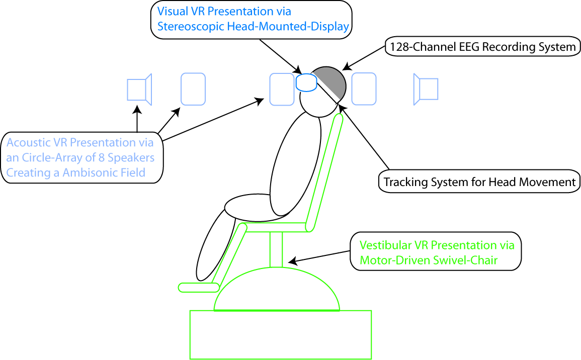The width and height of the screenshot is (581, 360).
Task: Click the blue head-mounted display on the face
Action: (x=305, y=82)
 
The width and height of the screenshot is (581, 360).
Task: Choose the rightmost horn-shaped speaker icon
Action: (x=426, y=89)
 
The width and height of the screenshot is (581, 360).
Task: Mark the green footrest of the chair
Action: (x=199, y=287)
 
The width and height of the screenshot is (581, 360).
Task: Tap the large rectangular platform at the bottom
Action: (x=280, y=334)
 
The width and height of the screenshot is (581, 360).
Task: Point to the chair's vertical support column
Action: (x=276, y=249)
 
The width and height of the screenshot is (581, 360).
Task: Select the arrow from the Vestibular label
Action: (x=319, y=257)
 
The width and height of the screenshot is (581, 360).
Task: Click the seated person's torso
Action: (x=295, y=166)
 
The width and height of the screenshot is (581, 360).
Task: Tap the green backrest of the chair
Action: (x=324, y=171)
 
